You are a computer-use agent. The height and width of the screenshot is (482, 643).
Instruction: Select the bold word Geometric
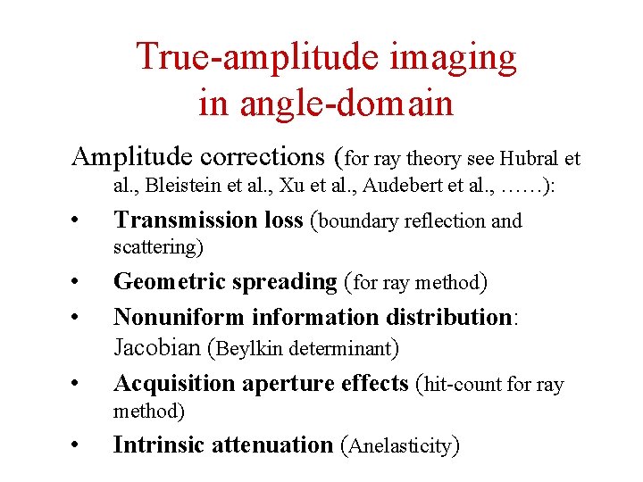pos(170,282)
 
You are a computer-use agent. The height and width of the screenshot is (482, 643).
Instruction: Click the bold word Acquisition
pos(173,383)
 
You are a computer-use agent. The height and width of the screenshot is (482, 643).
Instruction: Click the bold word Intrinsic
pos(157,445)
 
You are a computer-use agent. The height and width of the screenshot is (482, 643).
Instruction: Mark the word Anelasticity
pos(401,445)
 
